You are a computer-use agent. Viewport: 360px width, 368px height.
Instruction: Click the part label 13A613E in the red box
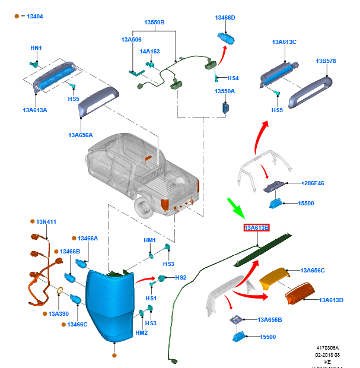point(257,227)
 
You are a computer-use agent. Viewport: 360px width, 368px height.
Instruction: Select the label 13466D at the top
point(225,18)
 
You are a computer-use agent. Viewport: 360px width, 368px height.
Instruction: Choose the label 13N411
point(46,221)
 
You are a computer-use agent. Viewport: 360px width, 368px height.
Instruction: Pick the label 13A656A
point(80,135)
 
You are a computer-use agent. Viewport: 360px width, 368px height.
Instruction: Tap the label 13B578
point(326,61)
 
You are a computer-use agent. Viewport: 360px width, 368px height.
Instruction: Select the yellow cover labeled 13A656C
point(275,278)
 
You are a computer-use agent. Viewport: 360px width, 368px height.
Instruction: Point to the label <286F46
point(313,183)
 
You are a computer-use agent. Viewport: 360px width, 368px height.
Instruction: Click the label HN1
point(36,47)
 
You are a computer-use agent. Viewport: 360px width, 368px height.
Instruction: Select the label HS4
point(233,78)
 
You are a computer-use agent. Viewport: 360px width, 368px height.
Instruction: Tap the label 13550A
point(225,91)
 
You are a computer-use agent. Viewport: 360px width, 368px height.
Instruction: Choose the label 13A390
point(59,313)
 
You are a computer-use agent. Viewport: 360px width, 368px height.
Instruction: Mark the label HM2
point(141,333)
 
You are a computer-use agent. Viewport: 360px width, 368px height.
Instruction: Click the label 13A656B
point(270,319)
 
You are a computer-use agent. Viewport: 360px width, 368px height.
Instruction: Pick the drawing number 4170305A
point(329,348)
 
